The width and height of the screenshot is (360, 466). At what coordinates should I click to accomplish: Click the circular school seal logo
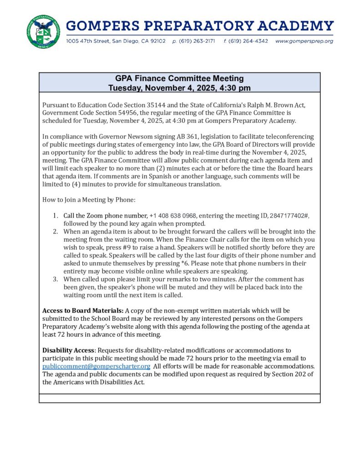coord(43,32)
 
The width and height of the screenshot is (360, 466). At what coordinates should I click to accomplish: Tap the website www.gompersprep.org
coord(304,41)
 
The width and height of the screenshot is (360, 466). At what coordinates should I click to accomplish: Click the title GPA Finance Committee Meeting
coord(179,79)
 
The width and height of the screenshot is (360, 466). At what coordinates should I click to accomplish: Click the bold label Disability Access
coord(69,350)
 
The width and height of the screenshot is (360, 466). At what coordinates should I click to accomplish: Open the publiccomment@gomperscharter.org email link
coord(96,366)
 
